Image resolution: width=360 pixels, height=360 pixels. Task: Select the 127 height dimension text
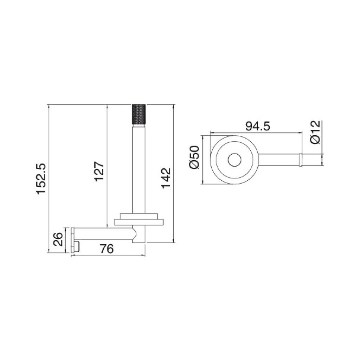[99, 171]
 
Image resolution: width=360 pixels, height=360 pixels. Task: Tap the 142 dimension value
[166, 178]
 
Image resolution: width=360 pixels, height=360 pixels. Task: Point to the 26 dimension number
[58, 240]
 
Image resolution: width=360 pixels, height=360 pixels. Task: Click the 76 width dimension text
[107, 249]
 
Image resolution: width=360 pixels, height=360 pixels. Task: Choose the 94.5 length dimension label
[257, 126]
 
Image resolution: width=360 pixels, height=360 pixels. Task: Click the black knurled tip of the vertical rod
[139, 115]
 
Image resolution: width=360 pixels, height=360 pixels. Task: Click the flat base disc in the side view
[139, 222]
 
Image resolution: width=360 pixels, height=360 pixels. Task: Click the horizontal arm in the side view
[102, 234]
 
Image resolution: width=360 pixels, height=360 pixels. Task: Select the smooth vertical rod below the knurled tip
[139, 169]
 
